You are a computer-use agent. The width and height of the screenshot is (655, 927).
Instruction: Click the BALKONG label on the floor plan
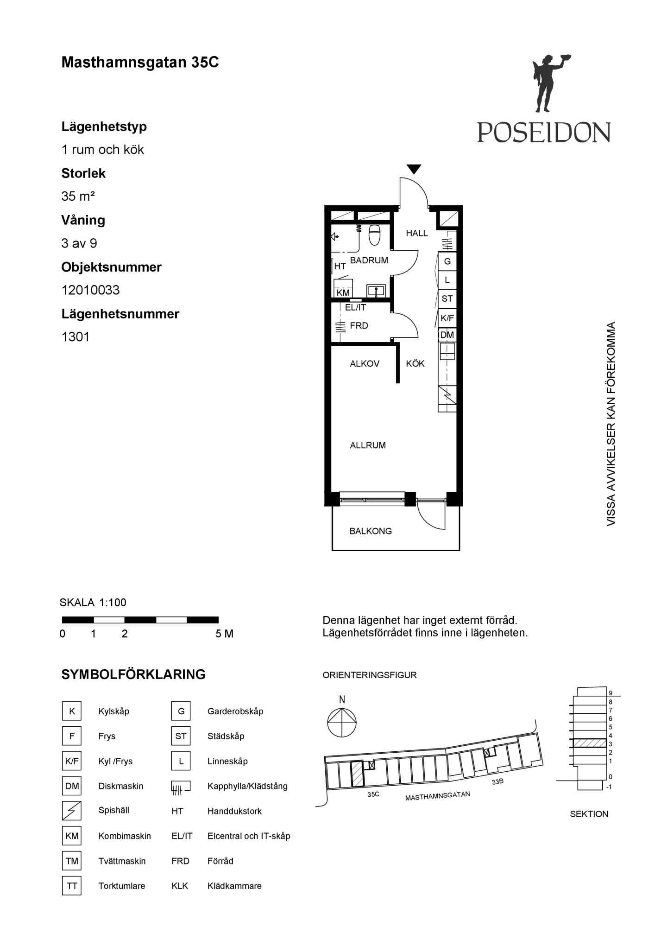click(x=371, y=531)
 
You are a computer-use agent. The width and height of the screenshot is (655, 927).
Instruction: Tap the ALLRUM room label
click(x=368, y=445)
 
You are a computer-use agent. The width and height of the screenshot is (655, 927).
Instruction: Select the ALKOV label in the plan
click(x=365, y=364)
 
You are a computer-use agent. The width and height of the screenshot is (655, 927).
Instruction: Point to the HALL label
click(x=417, y=233)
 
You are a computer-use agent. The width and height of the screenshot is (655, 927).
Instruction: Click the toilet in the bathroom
click(x=375, y=235)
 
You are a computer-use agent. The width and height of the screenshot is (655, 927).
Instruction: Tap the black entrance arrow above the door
click(x=414, y=169)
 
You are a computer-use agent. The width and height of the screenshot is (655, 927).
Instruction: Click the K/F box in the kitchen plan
click(x=447, y=318)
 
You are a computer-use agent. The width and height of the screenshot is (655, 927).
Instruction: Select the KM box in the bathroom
click(x=343, y=293)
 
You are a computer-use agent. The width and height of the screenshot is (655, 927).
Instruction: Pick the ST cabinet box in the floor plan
click(x=447, y=299)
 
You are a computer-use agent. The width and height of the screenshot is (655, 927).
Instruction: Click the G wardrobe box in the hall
click(x=447, y=261)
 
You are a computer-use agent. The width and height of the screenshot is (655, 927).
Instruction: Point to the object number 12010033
click(x=91, y=290)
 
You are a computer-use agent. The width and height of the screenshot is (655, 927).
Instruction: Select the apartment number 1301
click(x=76, y=337)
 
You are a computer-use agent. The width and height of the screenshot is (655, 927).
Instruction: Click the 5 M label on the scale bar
click(x=225, y=634)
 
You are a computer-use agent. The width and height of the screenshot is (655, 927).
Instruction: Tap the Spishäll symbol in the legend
click(x=72, y=811)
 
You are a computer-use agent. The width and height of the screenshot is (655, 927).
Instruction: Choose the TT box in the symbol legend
click(x=72, y=886)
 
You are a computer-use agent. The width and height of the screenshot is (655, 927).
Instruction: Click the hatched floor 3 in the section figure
click(x=590, y=743)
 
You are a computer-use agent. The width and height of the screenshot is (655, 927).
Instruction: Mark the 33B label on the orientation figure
click(x=498, y=781)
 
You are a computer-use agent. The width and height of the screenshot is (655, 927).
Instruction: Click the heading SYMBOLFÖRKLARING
click(x=133, y=674)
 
